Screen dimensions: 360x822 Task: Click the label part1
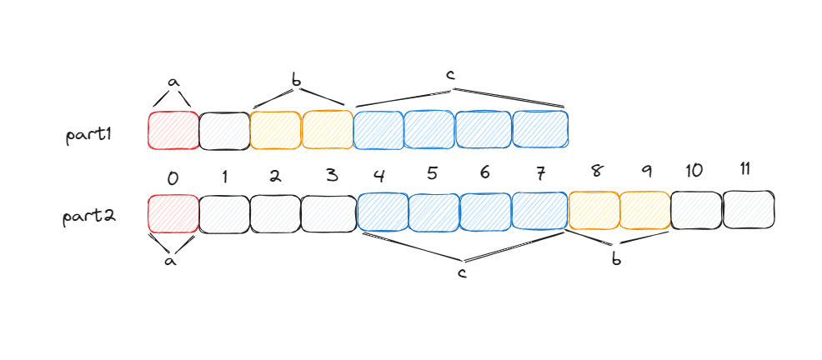pos(88,134)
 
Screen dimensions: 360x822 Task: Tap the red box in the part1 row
pos(173,130)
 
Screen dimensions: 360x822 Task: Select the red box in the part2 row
pos(173,213)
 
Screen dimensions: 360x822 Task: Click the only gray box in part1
pos(224,130)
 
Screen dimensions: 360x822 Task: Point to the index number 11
pos(745,169)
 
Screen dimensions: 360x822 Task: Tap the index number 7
pos(540,174)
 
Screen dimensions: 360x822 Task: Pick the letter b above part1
pos(297,80)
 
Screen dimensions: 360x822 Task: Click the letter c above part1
pos(450,75)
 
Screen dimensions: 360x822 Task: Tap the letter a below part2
pos(171,261)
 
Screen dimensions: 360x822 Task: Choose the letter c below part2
pos(462,273)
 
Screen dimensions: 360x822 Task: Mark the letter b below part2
pos(616,259)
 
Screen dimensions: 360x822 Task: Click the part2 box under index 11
pos(749,210)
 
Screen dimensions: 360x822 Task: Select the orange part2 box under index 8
pos(594,212)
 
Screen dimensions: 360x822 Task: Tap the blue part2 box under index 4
pos(382,212)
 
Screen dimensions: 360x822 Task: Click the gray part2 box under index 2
pos(275,213)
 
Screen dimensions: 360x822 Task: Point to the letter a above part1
pos(173,82)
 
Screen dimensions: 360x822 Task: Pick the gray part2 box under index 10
pos(696,211)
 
